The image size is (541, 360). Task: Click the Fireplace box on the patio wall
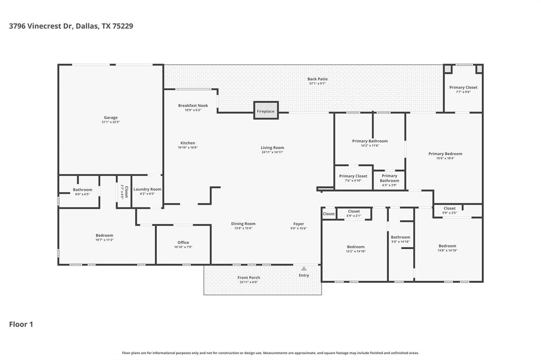click(266, 111)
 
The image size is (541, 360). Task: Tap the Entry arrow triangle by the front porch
click(304, 269)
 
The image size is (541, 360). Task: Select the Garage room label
click(110, 118)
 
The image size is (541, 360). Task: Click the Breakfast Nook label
click(193, 106)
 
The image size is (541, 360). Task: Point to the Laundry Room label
click(147, 189)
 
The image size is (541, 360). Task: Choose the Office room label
click(183, 243)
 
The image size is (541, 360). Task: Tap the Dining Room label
click(243, 224)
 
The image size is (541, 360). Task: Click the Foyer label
click(299, 224)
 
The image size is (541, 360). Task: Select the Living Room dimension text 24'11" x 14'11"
click(272, 153)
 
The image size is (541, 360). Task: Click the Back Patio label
click(318, 79)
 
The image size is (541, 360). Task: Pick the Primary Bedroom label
click(445, 154)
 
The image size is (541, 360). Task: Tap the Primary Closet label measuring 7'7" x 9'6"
click(463, 88)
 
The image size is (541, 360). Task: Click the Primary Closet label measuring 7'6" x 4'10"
click(353, 176)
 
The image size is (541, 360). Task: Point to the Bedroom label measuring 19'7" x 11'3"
click(104, 235)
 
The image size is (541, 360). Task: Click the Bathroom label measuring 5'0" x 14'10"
click(400, 237)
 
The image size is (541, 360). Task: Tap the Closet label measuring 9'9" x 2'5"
click(450, 209)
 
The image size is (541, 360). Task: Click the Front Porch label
click(248, 278)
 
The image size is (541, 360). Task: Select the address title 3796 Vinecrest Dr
click(42, 25)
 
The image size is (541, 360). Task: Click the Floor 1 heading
click(21, 324)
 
